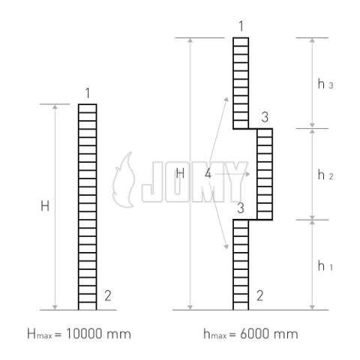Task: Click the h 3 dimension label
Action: click(325, 84)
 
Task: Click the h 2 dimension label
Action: click(325, 175)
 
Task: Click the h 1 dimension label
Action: click(325, 265)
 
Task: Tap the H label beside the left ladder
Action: click(45, 206)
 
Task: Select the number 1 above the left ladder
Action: click(87, 93)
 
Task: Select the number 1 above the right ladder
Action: click(241, 26)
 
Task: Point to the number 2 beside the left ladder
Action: click(108, 295)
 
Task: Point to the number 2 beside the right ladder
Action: click(260, 295)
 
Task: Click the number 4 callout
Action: click(208, 173)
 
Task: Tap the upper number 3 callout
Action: click(265, 117)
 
